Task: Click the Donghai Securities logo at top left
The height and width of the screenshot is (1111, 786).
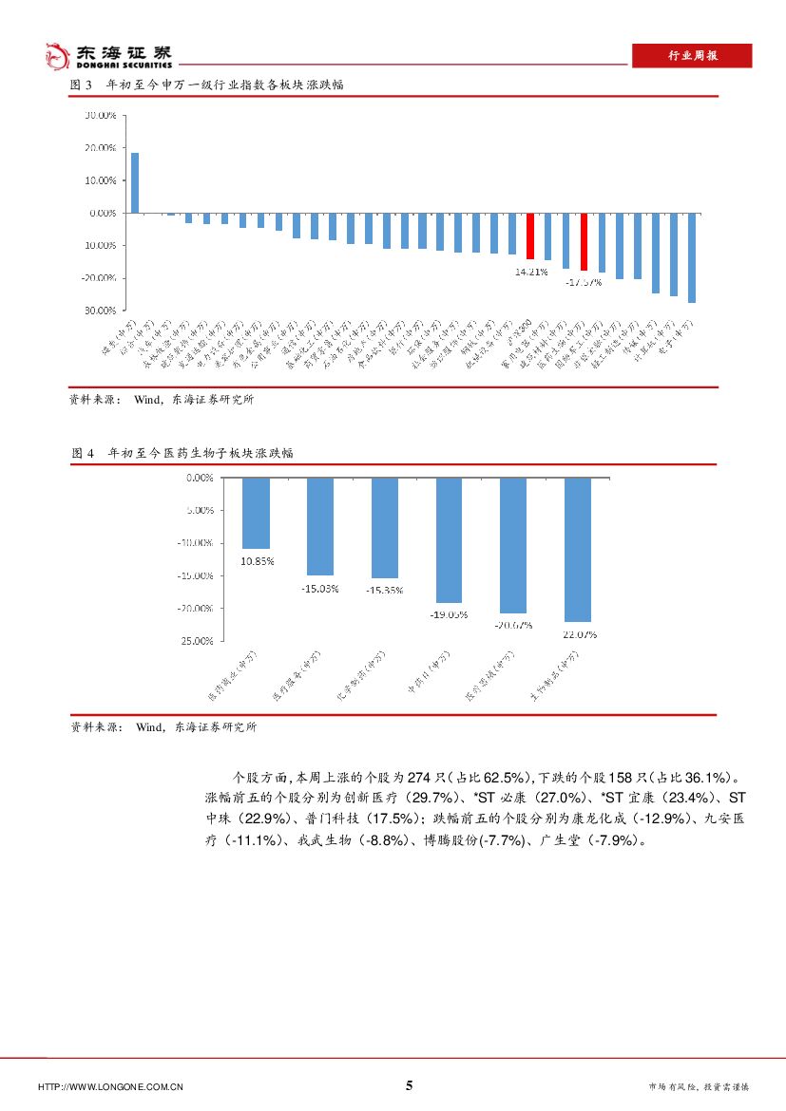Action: (109, 56)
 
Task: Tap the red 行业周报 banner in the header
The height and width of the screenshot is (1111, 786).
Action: (691, 56)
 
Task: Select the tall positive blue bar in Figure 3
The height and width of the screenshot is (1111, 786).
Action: (135, 182)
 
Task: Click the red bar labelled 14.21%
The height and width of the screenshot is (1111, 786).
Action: (530, 236)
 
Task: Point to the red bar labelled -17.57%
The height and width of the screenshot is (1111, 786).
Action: (585, 243)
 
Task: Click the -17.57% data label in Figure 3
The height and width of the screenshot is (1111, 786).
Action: (584, 282)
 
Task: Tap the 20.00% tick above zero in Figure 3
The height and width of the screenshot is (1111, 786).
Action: (100, 148)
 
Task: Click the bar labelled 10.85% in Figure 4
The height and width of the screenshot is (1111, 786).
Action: (257, 513)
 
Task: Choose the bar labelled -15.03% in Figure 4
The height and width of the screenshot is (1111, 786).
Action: (320, 526)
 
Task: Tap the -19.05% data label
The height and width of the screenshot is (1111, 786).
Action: (450, 614)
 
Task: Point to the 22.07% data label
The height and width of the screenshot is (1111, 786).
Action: (578, 634)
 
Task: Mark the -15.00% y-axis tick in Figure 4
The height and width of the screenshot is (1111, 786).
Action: (196, 575)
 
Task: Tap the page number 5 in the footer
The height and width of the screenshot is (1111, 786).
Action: (410, 1085)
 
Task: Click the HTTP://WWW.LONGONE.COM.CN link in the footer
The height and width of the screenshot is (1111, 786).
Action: (110, 1086)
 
